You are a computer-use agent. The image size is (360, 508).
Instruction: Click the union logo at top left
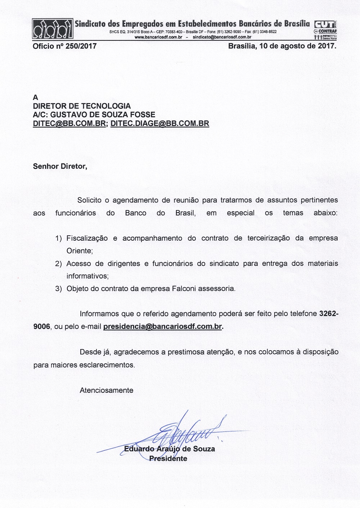click(53, 29)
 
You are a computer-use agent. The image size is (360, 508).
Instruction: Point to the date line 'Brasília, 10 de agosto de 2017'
click(282, 46)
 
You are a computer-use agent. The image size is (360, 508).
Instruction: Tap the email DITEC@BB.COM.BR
click(69, 124)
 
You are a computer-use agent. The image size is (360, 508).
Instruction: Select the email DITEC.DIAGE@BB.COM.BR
click(160, 124)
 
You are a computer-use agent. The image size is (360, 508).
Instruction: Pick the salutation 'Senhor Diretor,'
click(60, 166)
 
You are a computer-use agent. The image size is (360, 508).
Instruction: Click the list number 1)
click(59, 239)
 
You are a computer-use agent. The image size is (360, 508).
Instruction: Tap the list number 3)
click(59, 289)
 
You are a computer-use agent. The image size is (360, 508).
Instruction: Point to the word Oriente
click(80, 251)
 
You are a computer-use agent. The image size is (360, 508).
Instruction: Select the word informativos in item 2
click(87, 276)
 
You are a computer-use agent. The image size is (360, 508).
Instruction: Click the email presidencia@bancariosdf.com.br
click(162, 327)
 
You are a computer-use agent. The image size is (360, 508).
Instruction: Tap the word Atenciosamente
click(107, 390)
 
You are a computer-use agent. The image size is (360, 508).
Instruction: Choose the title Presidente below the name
click(168, 459)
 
